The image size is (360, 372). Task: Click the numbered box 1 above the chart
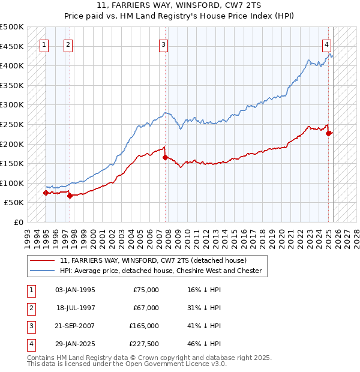tap(45, 44)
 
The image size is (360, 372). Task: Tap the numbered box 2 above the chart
tap(68, 44)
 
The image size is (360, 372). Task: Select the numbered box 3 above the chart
tap(164, 44)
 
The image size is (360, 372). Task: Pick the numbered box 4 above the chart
tap(326, 44)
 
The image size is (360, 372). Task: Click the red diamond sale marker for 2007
tap(164, 158)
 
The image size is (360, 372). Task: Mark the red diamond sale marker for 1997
tap(70, 196)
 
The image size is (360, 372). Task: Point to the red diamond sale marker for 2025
tap(328, 133)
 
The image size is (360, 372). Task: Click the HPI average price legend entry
tap(161, 271)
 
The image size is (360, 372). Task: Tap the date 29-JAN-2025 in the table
tap(75, 344)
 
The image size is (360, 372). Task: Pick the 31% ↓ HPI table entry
tap(204, 308)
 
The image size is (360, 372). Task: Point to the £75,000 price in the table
tap(146, 290)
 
